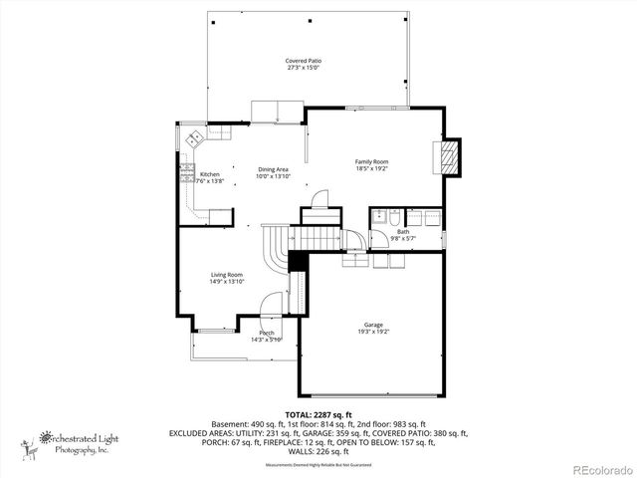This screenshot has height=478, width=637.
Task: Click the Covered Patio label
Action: [304, 61]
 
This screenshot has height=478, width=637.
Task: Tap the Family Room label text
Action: [372, 161]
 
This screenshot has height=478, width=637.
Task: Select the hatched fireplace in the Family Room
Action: [450, 155]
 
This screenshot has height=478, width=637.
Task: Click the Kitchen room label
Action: [210, 174]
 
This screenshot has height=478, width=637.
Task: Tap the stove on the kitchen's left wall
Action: [185, 173]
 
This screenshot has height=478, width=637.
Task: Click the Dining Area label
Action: [274, 169]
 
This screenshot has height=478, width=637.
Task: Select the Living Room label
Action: [226, 275]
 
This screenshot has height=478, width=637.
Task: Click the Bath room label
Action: [402, 231]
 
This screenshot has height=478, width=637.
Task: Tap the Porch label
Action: [267, 333]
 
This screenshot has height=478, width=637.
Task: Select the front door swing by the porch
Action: [272, 307]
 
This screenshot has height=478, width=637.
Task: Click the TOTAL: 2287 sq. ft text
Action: [318, 413]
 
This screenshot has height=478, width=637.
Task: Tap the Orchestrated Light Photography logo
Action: [70, 441]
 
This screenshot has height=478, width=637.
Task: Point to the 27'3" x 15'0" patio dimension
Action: [304, 68]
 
